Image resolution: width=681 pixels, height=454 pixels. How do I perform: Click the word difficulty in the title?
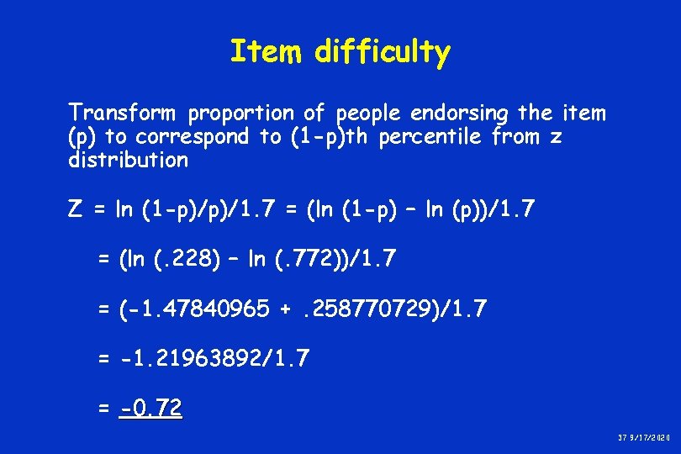click(383, 53)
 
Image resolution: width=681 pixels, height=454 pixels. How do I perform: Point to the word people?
click(367, 113)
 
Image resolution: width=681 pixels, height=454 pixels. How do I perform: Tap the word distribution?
click(128, 161)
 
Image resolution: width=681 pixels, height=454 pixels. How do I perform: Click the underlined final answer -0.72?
click(150, 409)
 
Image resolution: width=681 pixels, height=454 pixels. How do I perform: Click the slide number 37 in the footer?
click(623, 440)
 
